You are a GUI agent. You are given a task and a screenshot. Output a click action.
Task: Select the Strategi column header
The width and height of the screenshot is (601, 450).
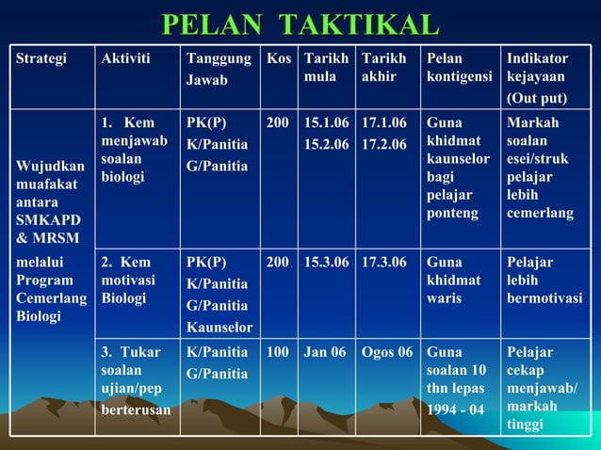41,58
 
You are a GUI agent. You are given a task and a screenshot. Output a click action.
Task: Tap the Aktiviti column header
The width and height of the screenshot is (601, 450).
125,58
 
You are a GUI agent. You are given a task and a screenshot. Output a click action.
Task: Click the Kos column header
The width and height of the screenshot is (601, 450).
278,58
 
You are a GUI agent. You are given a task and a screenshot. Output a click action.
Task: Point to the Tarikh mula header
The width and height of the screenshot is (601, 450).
325,68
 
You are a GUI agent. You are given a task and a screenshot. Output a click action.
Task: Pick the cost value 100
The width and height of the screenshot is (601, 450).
278,353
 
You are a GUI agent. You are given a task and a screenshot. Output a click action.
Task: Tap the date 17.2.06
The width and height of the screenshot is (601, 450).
384,144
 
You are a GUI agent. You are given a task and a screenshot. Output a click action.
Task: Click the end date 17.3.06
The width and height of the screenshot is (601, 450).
384,263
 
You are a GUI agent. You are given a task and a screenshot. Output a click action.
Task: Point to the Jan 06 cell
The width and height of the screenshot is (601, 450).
325,353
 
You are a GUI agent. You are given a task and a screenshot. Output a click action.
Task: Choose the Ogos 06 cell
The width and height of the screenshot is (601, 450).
386,353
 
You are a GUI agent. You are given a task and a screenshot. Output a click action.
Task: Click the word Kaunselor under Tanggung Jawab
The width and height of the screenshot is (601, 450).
219,328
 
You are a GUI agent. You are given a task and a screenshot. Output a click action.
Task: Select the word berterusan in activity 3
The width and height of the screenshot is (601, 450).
137,410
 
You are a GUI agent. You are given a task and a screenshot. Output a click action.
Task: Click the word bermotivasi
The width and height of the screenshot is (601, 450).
544,299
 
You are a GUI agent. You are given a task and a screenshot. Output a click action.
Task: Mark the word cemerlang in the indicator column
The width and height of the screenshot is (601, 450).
540,214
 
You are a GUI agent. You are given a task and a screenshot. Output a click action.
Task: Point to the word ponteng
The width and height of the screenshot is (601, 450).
452,214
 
